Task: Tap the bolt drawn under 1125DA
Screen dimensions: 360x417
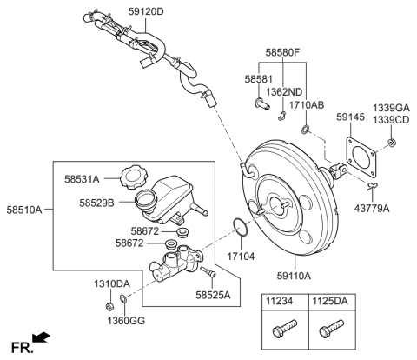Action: point(330,331)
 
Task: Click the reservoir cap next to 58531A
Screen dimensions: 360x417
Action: point(132,178)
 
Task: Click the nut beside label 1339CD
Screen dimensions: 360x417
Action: point(394,141)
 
